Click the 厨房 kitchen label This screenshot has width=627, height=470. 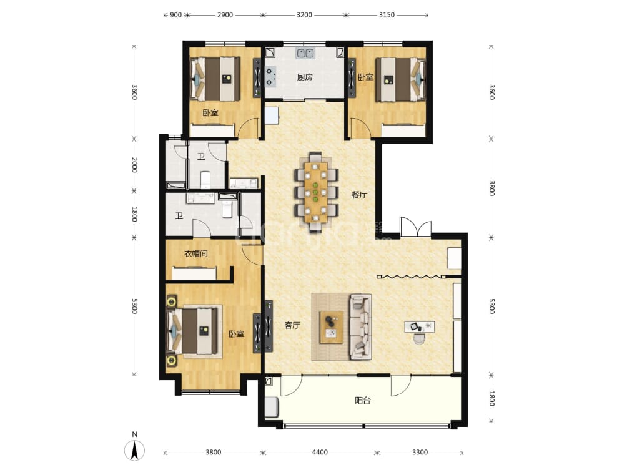pos(305,77)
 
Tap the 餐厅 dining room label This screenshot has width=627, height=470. pos(359,195)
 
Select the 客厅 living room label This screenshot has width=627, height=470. pos(292,325)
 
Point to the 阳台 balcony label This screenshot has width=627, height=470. pos(363,401)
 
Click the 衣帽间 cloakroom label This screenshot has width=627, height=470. pos(196,253)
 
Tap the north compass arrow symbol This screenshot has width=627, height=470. pos(135,450)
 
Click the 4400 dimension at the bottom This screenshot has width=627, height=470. pos(320,453)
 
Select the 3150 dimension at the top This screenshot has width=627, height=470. pos(387,15)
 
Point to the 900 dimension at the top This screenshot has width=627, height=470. pos(176,15)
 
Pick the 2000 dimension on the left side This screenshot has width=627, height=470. pos(134,165)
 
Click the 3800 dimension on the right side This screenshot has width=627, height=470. pos(492,188)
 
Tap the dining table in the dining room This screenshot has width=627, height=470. pos(316,192)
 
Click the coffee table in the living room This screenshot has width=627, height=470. pos(332,327)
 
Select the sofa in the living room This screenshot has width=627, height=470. pos(360,327)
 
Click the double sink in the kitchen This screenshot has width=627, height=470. pos(306,53)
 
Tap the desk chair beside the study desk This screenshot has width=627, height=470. pos(418,338)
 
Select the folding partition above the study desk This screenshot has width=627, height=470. pos(412,277)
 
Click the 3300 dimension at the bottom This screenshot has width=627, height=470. pos(420,453)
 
